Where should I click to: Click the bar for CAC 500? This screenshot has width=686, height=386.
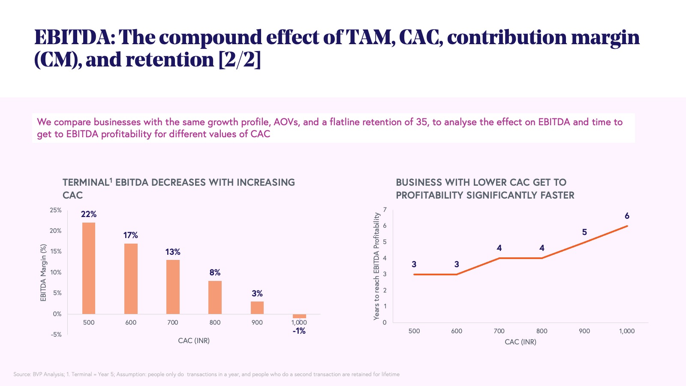click(89, 268)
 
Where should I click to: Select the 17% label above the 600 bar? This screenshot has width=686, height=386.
click(131, 235)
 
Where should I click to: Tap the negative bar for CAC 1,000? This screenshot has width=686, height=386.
click(299, 316)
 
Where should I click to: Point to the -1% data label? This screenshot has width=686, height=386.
click(299, 331)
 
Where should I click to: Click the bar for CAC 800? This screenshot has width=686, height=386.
click(215, 297)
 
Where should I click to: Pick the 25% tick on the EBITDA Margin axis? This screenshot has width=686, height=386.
click(56, 210)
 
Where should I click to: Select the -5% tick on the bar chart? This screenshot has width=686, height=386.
click(56, 335)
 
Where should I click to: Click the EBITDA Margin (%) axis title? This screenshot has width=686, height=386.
click(43, 273)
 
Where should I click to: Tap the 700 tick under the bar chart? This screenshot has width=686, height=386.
click(173, 323)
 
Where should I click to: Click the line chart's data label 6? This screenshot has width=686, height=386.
click(627, 216)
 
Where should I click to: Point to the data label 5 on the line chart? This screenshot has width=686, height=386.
click(584, 232)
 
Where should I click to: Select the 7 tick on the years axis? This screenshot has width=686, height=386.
click(385, 210)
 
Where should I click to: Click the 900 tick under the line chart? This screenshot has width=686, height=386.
click(584, 331)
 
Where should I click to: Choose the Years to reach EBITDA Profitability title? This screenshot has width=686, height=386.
click(376, 266)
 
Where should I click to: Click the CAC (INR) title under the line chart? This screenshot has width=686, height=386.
click(521, 342)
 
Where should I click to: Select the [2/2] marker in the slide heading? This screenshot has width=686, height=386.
click(239, 59)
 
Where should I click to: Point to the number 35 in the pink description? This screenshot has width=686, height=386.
click(422, 122)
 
